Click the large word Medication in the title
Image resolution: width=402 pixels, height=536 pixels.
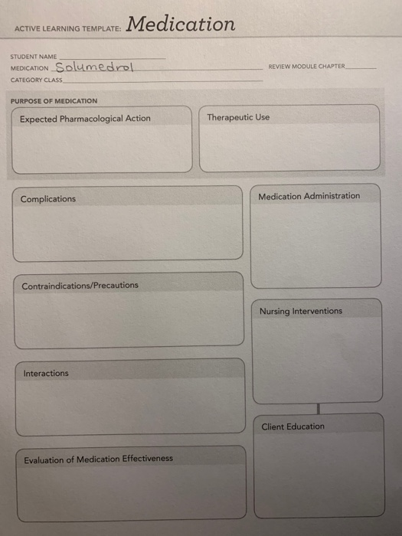181,25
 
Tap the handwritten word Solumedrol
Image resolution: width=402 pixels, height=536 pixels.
94,67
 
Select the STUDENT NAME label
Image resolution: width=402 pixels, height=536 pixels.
32,56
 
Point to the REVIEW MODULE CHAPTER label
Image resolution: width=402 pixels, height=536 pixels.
306,67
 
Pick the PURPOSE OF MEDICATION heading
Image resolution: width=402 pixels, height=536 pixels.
54,101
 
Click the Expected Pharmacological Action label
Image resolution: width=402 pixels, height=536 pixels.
85,119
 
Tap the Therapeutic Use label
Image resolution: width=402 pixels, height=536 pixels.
238,118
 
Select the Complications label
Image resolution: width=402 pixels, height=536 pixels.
48,199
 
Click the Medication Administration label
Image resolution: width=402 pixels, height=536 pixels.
309,196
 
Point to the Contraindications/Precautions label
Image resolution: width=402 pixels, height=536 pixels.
80,286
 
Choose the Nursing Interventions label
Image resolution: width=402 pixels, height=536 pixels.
301,312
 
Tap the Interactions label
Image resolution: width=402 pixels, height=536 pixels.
46,374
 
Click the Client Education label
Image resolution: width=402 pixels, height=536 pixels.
293,427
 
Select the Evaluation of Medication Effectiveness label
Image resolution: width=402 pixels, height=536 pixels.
98,459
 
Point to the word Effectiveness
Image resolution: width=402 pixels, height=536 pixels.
148,459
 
